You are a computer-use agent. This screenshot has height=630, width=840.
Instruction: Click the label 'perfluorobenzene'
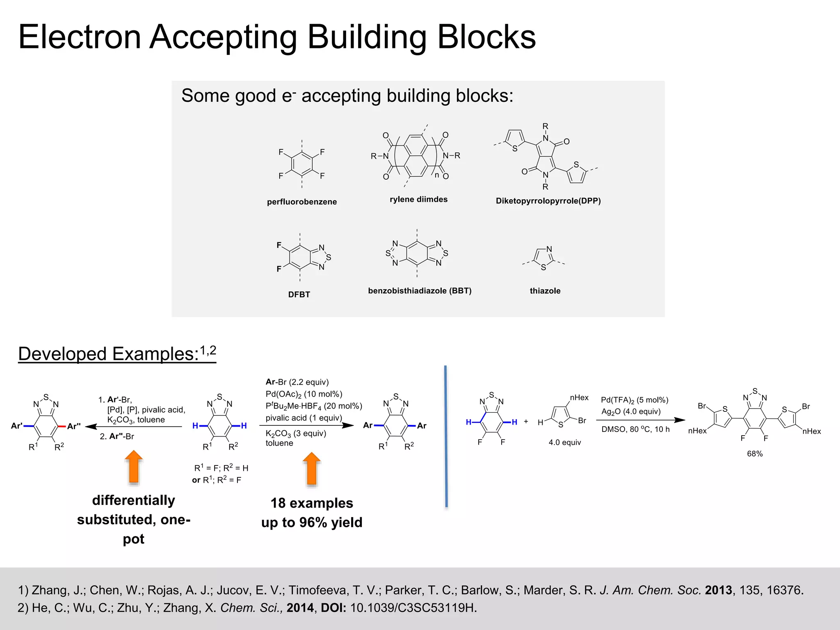[302, 202]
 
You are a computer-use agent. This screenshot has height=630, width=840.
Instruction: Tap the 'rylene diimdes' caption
[418, 199]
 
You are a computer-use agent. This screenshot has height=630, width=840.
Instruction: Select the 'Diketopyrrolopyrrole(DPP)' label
[548, 201]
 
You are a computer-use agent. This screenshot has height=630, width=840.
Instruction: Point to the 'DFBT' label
[299, 294]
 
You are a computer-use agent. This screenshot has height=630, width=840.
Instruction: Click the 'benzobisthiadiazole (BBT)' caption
[420, 291]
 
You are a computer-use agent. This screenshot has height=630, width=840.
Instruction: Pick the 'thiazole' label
[545, 291]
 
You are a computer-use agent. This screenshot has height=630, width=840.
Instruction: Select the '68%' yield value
[755, 454]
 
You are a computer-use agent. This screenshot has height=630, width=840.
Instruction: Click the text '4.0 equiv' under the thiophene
[565, 443]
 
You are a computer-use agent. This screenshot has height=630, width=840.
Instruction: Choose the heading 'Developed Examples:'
[108, 354]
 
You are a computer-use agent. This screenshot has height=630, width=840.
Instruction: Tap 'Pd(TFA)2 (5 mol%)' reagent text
[635, 400]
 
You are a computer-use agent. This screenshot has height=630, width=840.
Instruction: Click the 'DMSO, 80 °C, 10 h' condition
[635, 429]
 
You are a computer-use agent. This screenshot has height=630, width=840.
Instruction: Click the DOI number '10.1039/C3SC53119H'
[413, 608]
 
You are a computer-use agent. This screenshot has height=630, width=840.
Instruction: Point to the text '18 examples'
[312, 503]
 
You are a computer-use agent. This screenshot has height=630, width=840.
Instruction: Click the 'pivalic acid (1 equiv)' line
[304, 418]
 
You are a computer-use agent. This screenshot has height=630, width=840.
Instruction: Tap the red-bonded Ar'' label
[74, 426]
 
